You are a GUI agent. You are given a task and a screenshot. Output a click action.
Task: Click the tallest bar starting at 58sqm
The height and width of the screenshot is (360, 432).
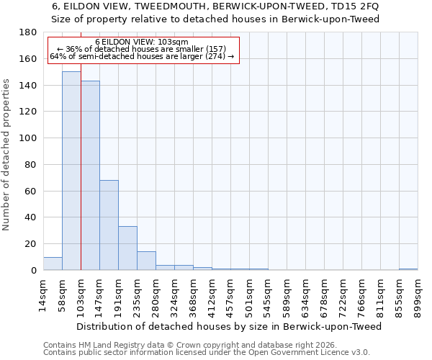71,171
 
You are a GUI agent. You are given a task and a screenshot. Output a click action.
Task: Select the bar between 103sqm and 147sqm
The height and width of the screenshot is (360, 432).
90,175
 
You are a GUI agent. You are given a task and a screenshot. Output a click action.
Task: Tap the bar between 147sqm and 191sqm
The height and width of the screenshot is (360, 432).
109,225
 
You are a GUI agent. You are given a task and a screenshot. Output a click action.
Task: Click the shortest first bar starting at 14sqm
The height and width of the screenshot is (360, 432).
53,264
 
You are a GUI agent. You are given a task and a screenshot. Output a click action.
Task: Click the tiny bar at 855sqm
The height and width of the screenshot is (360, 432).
408,269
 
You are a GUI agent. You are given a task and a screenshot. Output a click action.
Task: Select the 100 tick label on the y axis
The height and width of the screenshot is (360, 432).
28,138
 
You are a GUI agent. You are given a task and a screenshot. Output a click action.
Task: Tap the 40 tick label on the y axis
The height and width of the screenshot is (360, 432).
31,217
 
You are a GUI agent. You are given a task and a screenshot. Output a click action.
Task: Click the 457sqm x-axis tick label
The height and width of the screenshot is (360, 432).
231,295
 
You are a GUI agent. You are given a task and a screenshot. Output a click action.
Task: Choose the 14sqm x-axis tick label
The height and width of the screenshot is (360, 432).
44,294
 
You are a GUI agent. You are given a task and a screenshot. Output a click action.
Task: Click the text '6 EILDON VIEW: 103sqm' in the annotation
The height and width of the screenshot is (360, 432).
142,42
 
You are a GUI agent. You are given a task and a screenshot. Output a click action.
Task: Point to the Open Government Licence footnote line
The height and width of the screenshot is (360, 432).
207,352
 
